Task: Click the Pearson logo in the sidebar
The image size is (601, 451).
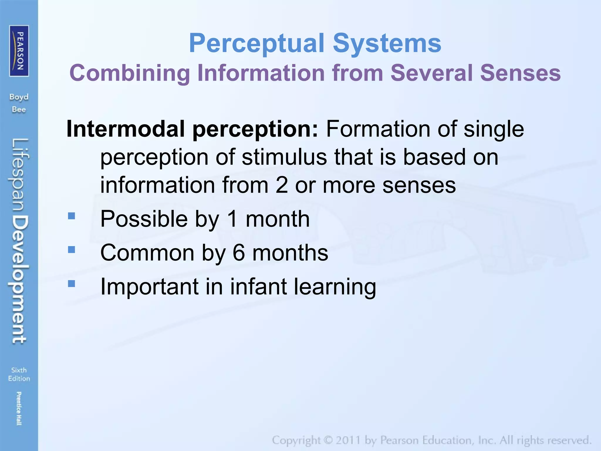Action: [19, 51]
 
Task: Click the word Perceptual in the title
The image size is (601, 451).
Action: [257, 43]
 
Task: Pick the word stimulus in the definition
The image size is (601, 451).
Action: [284, 157]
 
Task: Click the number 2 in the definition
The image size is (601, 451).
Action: [281, 185]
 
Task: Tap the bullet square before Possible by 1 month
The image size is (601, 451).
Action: [71, 216]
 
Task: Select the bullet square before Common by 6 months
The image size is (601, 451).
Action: [71, 250]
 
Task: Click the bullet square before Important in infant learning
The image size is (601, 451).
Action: [71, 284]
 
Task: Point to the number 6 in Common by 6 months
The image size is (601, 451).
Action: [239, 253]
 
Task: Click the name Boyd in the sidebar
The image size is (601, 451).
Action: [19, 97]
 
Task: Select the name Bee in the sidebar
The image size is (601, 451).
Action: [19, 110]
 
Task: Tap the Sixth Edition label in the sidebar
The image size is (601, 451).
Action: [19, 374]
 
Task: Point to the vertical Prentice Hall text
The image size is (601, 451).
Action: [19, 408]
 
